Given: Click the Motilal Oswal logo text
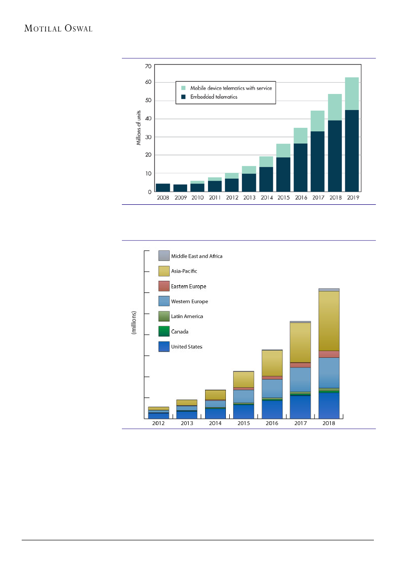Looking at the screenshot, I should point(59,29).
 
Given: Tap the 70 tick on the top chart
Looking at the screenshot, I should point(148,66).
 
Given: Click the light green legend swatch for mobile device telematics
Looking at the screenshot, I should point(183,88).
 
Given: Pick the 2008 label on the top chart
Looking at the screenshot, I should point(163,198).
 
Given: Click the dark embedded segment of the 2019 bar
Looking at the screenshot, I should point(352,150).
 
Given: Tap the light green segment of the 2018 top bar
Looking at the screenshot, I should point(335,107).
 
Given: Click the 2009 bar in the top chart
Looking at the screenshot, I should point(180,188).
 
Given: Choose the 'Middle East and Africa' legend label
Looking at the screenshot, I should point(196,256).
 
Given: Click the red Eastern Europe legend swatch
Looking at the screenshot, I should point(164,286).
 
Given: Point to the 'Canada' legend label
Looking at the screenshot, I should point(179,332).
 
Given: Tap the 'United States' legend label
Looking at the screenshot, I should point(187,347).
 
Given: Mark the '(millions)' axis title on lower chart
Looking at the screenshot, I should point(134,324).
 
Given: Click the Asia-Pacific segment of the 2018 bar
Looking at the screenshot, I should point(329,321).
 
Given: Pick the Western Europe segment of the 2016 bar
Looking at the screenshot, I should point(272,388).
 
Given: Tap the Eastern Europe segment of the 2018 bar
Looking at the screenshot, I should point(329,354).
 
